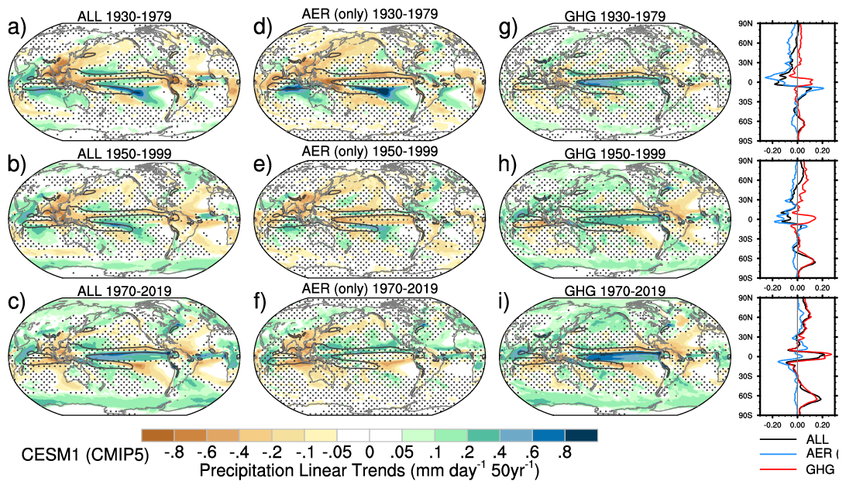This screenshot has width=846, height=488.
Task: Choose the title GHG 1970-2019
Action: [x=615, y=290]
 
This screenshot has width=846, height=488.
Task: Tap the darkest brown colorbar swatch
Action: [x=158, y=437]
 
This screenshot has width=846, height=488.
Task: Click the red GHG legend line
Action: [x=779, y=469]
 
